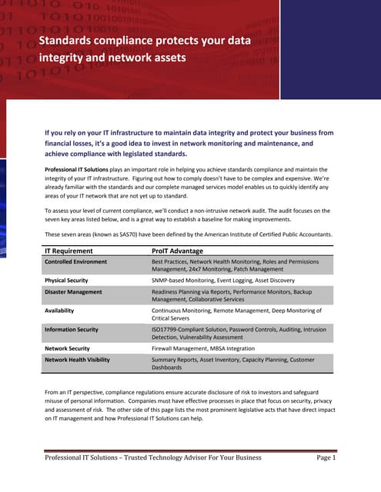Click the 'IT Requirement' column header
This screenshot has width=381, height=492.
pyautogui.click(x=69, y=251)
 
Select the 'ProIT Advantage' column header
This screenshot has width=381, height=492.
pyautogui.click(x=178, y=251)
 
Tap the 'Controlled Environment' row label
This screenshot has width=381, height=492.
pyautogui.click(x=75, y=262)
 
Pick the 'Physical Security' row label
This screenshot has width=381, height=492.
pyautogui.click(x=65, y=281)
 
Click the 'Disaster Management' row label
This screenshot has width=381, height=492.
pyautogui.click(x=72, y=292)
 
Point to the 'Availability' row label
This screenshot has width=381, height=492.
pyautogui.click(x=59, y=311)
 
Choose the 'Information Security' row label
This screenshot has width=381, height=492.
pyautogui.click(x=71, y=329)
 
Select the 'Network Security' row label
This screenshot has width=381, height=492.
pyautogui.click(x=67, y=347)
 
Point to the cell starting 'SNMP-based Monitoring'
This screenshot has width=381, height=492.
pyautogui.click(x=216, y=281)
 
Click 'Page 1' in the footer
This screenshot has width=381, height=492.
pyautogui.click(x=326, y=458)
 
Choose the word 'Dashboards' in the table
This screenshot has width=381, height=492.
pyautogui.click(x=167, y=367)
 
